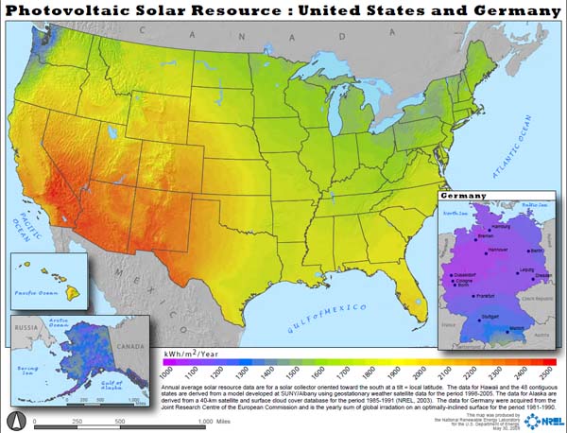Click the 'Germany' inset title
click(x=464, y=195)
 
